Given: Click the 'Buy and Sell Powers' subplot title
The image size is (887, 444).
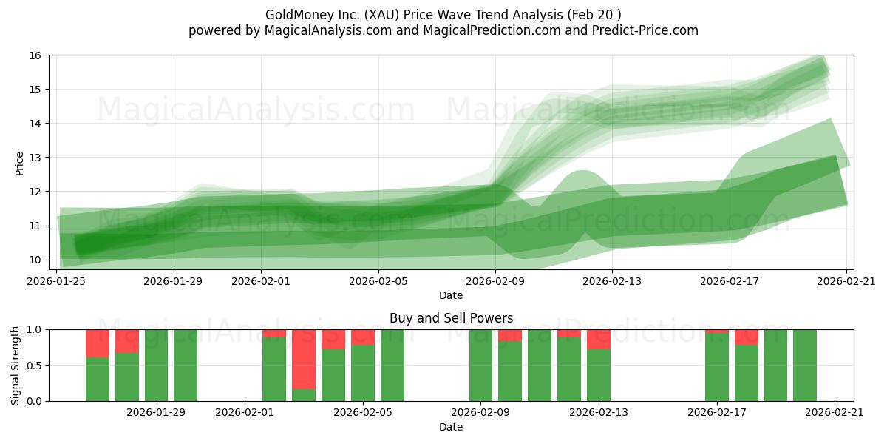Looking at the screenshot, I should [451, 319].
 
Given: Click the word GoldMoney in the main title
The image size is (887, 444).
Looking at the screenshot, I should [293, 15].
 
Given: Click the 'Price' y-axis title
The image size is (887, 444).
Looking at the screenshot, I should [20, 163].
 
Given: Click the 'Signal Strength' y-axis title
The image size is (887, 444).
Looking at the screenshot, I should [16, 365].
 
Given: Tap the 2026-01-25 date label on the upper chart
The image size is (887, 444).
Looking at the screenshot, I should [57, 281].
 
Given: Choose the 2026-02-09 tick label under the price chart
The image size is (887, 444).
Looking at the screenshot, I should [495, 281].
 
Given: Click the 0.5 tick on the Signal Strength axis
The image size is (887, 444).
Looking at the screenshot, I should [35, 366].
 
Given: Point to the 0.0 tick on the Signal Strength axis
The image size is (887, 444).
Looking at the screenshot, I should [35, 401].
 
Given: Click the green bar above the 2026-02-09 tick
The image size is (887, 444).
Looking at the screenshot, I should [480, 366].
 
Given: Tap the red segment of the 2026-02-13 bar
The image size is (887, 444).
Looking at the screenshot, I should [599, 339].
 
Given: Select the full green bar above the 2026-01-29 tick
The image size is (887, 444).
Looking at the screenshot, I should [156, 366].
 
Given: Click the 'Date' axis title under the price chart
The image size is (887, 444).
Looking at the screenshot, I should [451, 295].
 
